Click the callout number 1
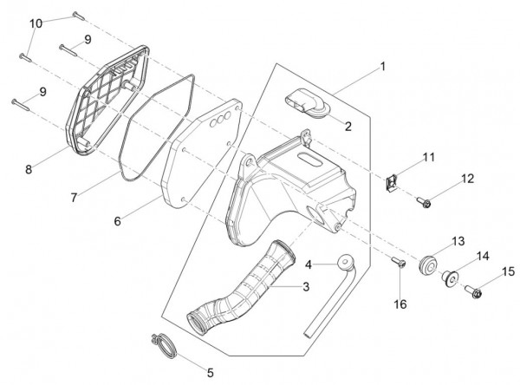(383, 65)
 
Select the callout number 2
(347, 126)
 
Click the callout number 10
(36, 23)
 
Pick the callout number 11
(428, 157)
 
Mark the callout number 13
(458, 240)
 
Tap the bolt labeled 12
(426, 204)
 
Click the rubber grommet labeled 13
(428, 264)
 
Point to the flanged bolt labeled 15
(477, 290)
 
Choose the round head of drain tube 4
(346, 262)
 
